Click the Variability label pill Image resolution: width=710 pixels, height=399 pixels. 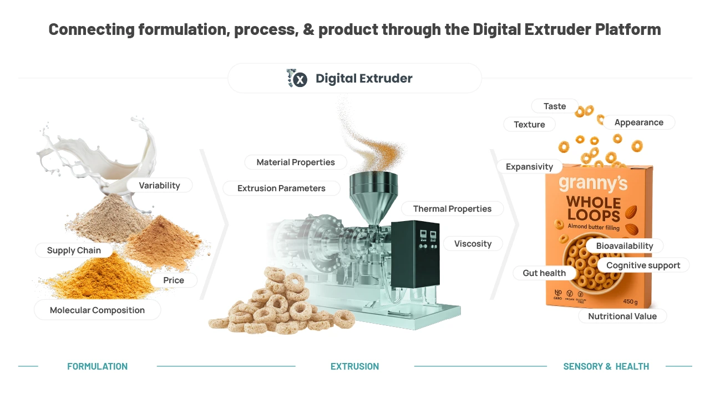tap(159, 185)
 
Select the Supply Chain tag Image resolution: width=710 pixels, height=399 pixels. tap(74, 250)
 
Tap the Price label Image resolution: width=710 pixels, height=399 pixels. tap(174, 280)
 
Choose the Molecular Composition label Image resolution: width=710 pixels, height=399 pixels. tap(97, 310)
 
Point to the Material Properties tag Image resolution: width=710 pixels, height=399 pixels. tap(296, 162)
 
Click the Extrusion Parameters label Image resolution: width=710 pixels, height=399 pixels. tap(281, 188)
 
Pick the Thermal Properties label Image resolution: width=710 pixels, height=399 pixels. tap(452, 209)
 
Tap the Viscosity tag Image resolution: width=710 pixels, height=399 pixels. tap(473, 243)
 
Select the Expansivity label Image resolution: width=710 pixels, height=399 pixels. tap(529, 167)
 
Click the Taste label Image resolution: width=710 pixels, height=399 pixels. tap(555, 106)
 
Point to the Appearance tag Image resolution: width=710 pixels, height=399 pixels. tap(639, 122)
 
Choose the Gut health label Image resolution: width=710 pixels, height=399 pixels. tap(544, 273)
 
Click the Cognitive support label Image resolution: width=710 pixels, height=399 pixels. tap(643, 265)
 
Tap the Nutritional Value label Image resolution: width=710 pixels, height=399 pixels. tap(622, 316)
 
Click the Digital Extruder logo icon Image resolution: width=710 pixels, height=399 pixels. tap(297, 78)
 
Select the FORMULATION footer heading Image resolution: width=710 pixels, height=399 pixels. tap(97, 366)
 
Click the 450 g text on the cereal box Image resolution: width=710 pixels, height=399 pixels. tap(631, 301)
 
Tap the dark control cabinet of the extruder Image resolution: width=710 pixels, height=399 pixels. tap(415, 253)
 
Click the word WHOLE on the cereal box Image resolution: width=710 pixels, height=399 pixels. tap(594, 203)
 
